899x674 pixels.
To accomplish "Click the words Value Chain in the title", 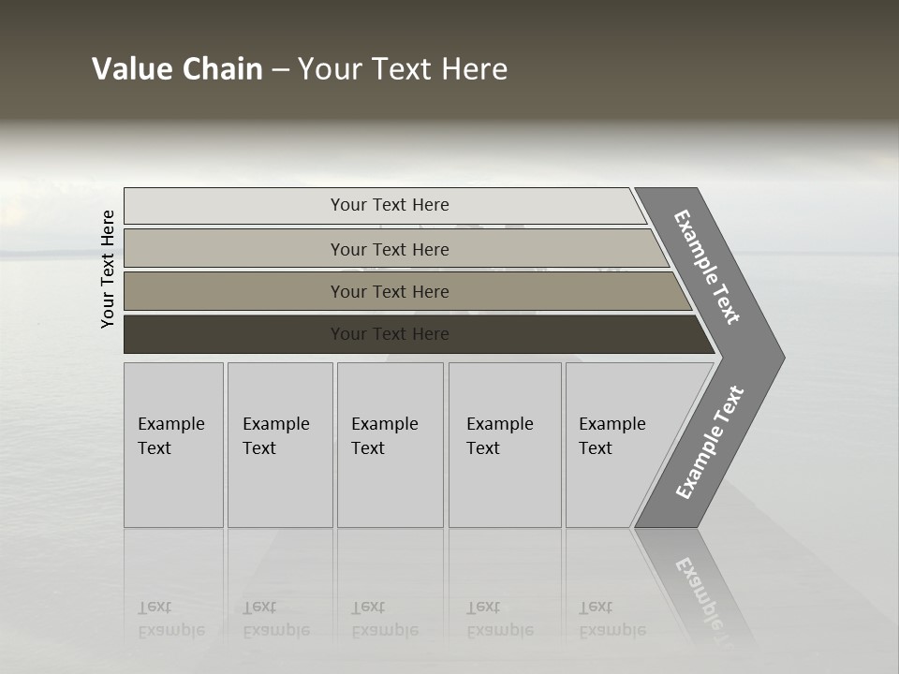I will coord(177,69).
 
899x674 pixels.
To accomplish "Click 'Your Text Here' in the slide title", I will coord(403,69).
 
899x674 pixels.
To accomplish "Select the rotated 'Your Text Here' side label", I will coord(108,269).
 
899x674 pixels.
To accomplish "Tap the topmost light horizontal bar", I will coord(234,205).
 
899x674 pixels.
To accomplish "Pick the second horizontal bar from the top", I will coord(234,249).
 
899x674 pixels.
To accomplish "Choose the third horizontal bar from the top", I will coord(234,291).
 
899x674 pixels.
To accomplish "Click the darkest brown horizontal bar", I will coord(234,334).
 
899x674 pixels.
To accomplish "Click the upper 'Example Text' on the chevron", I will coord(707,267).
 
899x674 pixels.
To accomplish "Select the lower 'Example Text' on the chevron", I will coord(709,443).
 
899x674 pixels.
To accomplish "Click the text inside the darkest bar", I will coord(390,334).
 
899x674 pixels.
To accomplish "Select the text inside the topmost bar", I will coord(390,205).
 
